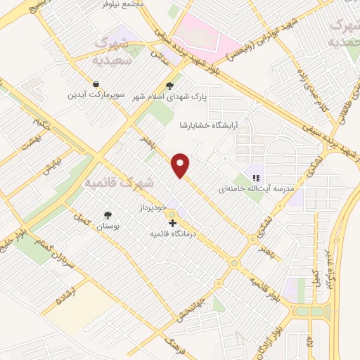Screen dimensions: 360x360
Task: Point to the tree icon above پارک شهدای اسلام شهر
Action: click(x=169, y=87)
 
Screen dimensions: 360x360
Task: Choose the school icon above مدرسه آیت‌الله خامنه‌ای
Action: click(x=257, y=179)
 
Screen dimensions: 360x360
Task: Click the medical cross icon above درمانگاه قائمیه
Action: click(x=173, y=222)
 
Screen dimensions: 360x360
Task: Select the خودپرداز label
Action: click(x=151, y=209)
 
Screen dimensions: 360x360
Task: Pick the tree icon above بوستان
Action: click(x=108, y=216)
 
